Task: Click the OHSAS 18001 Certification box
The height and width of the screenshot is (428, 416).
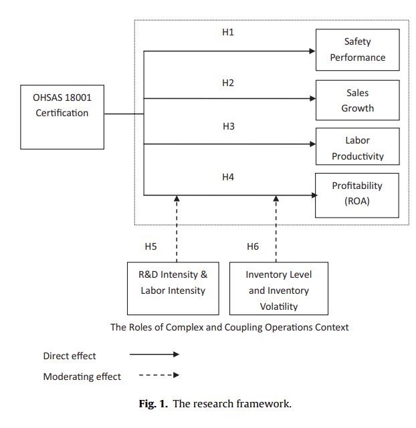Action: click(62, 116)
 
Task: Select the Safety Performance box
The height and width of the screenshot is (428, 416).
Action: click(357, 50)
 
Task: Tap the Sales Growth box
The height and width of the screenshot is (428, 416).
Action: click(357, 101)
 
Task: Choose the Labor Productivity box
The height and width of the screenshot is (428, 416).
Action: click(357, 148)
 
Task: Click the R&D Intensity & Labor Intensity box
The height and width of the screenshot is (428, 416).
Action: click(173, 288)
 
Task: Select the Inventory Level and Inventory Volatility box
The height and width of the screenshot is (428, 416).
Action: click(278, 288)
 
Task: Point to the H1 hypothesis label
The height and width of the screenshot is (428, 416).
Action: click(228, 32)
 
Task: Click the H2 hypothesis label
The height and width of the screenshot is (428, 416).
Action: click(228, 83)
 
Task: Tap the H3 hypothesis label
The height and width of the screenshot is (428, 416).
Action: click(228, 126)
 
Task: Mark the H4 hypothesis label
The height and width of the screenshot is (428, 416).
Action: click(228, 177)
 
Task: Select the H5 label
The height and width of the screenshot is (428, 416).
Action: click(151, 246)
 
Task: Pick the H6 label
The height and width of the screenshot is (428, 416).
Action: click(253, 246)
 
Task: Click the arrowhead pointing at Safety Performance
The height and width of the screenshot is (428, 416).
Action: click(312, 51)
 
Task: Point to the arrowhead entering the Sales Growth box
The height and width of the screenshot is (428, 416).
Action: click(312, 99)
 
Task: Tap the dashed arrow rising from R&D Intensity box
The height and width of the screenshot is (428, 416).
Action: click(177, 227)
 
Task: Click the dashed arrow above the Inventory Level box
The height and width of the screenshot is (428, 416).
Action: click(276, 227)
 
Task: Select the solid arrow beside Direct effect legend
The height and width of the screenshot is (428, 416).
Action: click(154, 356)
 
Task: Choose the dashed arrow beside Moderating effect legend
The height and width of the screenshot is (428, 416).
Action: click(159, 375)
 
